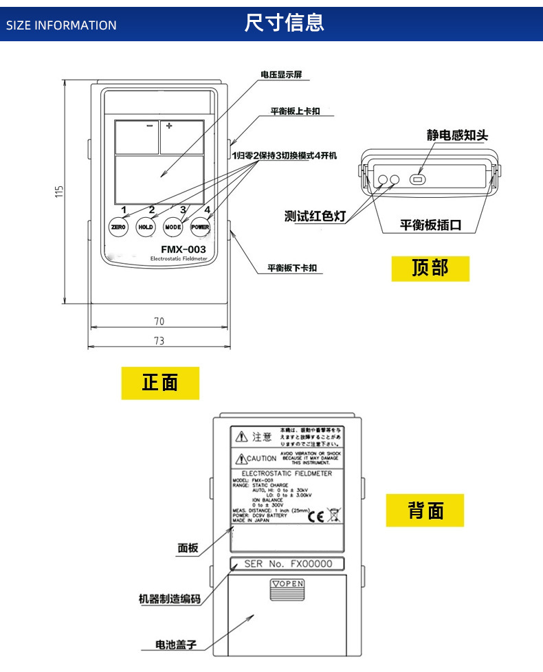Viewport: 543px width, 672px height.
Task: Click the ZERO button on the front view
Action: click(118, 227)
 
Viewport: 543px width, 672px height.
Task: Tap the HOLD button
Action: click(146, 227)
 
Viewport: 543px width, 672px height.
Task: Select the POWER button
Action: click(200, 227)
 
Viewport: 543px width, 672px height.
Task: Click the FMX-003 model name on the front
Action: click(183, 249)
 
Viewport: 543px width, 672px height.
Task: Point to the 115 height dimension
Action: click(60, 190)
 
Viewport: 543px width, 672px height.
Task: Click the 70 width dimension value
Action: click(159, 321)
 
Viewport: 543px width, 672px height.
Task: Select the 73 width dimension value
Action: click(159, 341)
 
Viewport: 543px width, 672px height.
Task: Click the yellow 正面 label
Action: click(160, 383)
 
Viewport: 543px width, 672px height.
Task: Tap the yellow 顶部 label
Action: click(430, 268)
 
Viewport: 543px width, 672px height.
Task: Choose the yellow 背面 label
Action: click(425, 511)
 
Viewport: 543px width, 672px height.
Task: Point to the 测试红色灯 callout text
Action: click(315, 216)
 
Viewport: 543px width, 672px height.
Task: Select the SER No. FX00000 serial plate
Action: click(288, 564)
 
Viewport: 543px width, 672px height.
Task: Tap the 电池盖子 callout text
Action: click(177, 645)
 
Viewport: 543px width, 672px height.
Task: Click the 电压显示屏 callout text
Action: click(281, 74)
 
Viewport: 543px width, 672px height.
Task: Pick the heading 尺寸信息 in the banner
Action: click(284, 23)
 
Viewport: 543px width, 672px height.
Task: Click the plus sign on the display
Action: click(169, 126)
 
